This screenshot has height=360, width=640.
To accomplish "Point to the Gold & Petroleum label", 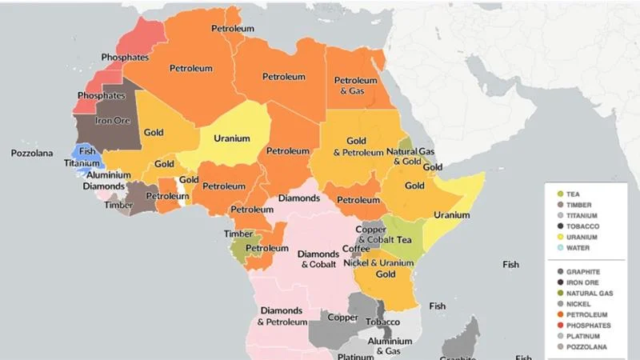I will point(355,146).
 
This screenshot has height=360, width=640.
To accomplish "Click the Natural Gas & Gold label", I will point(410,156).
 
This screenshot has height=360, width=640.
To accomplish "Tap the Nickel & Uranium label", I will point(378,262).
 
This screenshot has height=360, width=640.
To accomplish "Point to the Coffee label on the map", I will point(356,249).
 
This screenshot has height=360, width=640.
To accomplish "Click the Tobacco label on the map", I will point(382,322).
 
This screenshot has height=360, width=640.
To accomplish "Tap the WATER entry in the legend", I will point(578,248).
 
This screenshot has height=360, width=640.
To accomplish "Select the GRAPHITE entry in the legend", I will point(584,271).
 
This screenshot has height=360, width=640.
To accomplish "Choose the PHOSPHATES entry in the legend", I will point(588,325).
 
